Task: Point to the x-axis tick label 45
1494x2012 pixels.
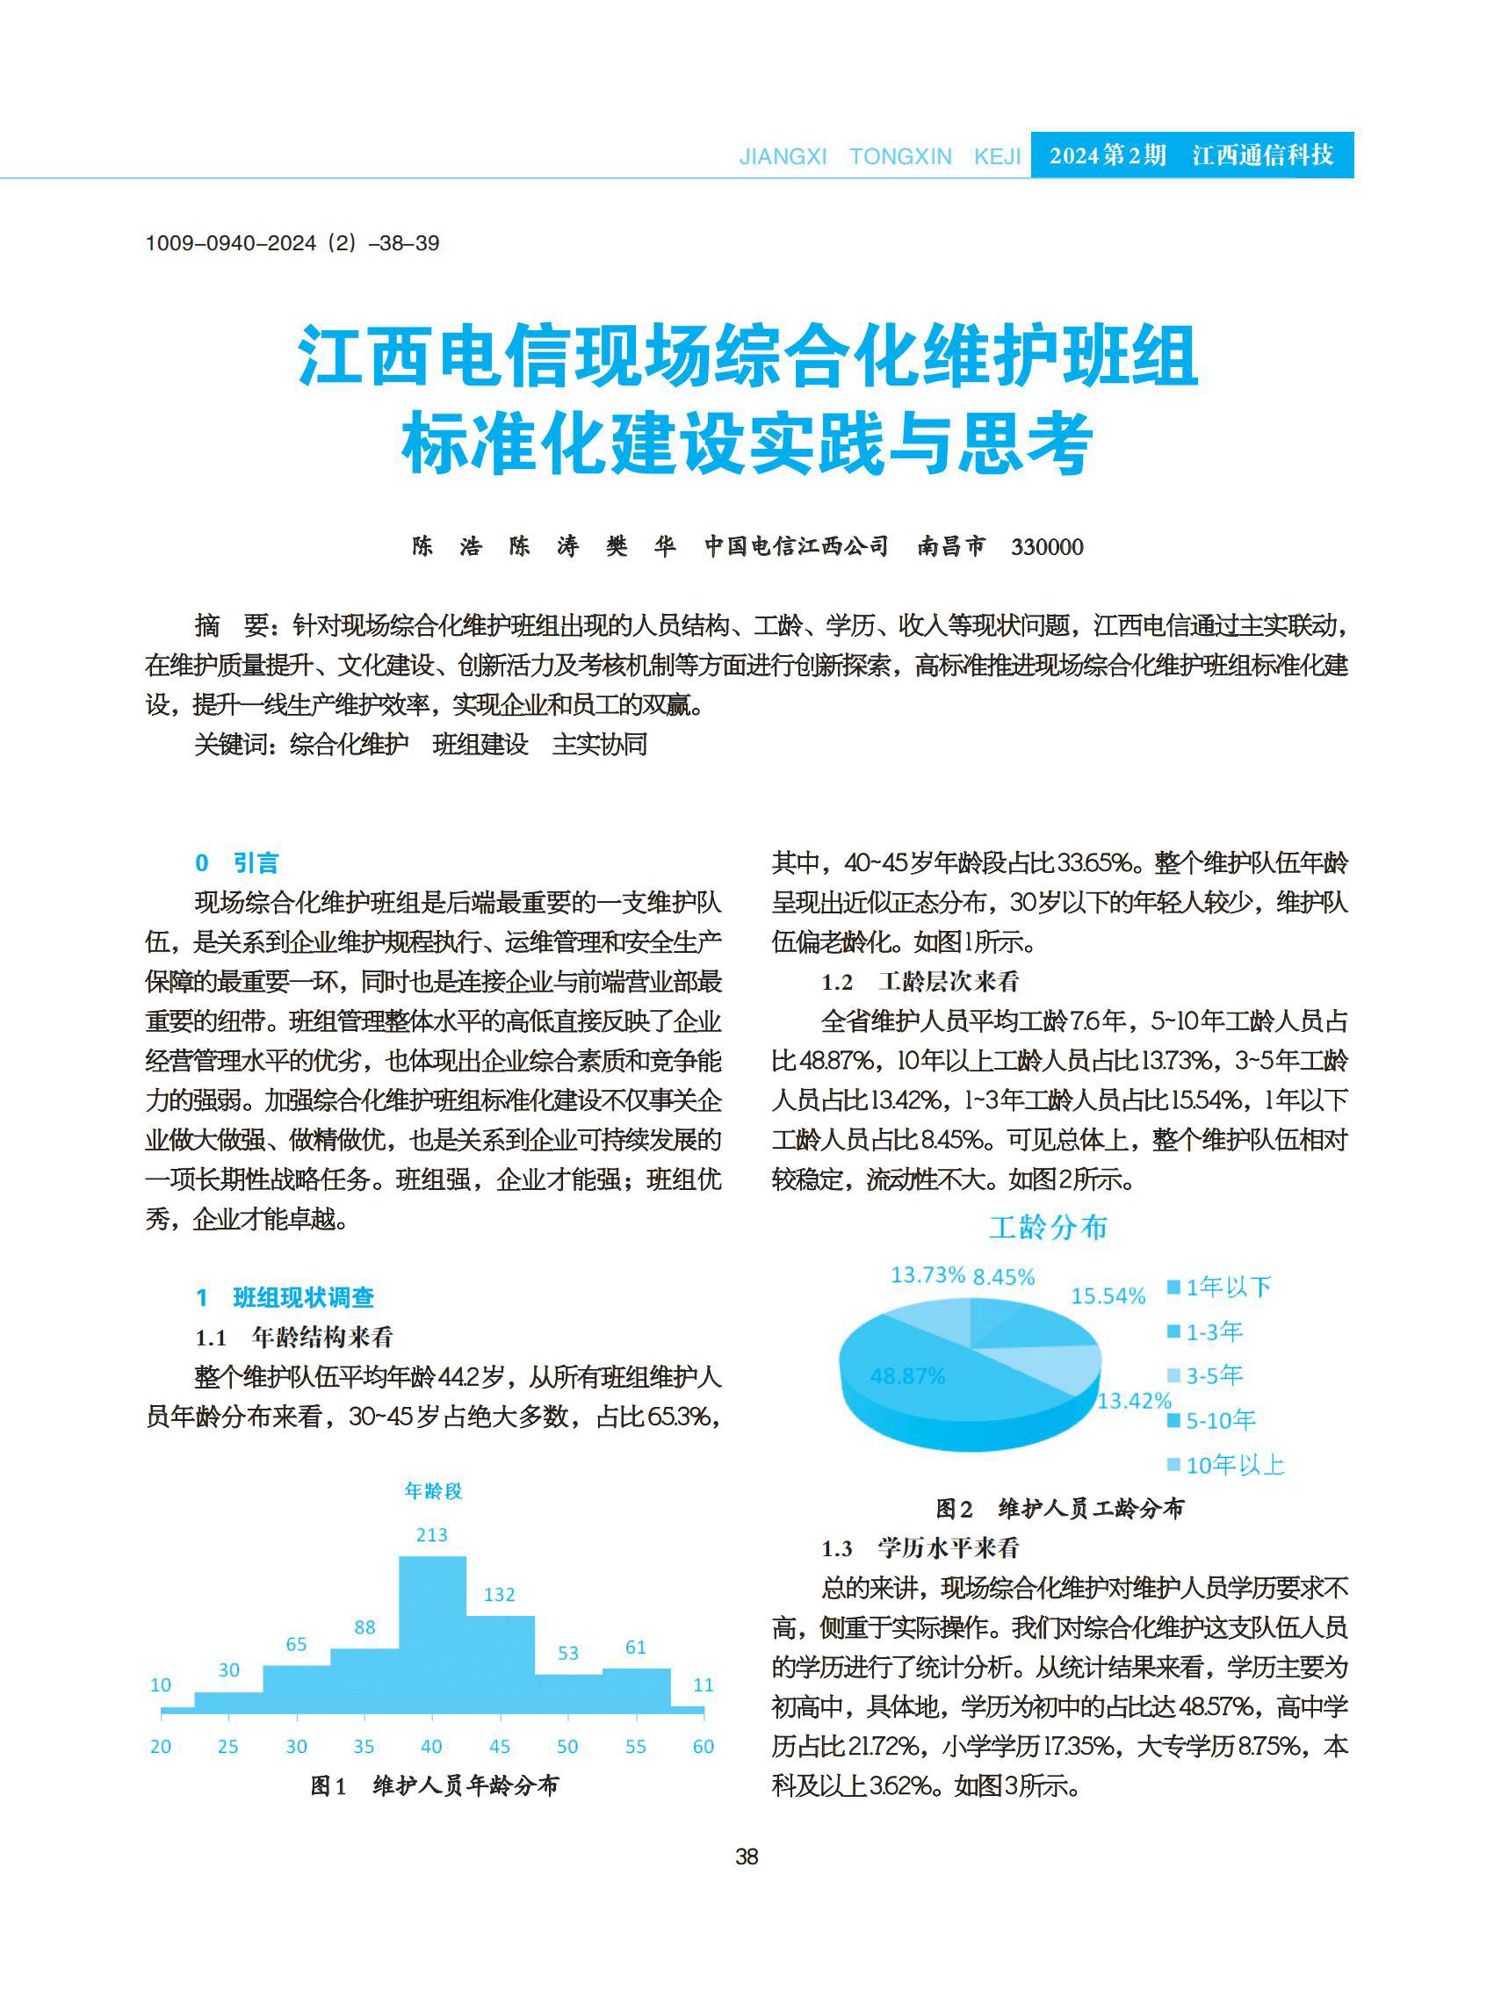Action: pyautogui.click(x=499, y=1746)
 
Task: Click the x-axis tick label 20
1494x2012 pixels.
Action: pyautogui.click(x=161, y=1746)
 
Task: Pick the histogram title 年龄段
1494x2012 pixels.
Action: pyautogui.click(x=433, y=1490)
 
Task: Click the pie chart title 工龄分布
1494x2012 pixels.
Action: pyautogui.click(x=1048, y=1227)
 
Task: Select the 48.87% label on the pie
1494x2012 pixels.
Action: pyautogui.click(x=907, y=1375)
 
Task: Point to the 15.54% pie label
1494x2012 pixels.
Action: pyautogui.click(x=1108, y=1296)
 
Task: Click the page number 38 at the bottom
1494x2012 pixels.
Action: pyautogui.click(x=747, y=1857)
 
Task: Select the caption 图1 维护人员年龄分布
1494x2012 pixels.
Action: pyautogui.click(x=434, y=1785)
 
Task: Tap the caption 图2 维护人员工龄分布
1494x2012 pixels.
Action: pyautogui.click(x=1059, y=1508)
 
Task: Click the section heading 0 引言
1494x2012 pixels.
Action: pyautogui.click(x=237, y=862)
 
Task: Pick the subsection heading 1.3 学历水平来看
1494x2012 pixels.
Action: pyautogui.click(x=920, y=1548)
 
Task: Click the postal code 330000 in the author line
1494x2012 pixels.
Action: pyautogui.click(x=1046, y=547)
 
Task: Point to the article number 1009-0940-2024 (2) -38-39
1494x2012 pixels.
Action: pyautogui.click(x=292, y=243)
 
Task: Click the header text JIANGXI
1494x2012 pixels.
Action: pyautogui.click(x=783, y=156)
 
